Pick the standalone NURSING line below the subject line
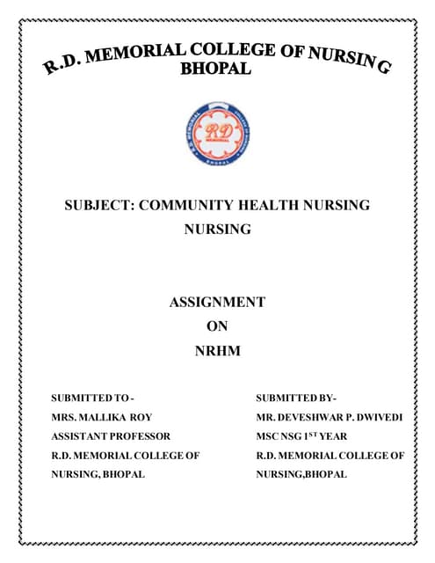click(217, 230)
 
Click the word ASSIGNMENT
click(216, 302)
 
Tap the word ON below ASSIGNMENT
click(216, 326)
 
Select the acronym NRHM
click(216, 351)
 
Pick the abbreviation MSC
click(266, 436)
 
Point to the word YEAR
click(334, 436)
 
